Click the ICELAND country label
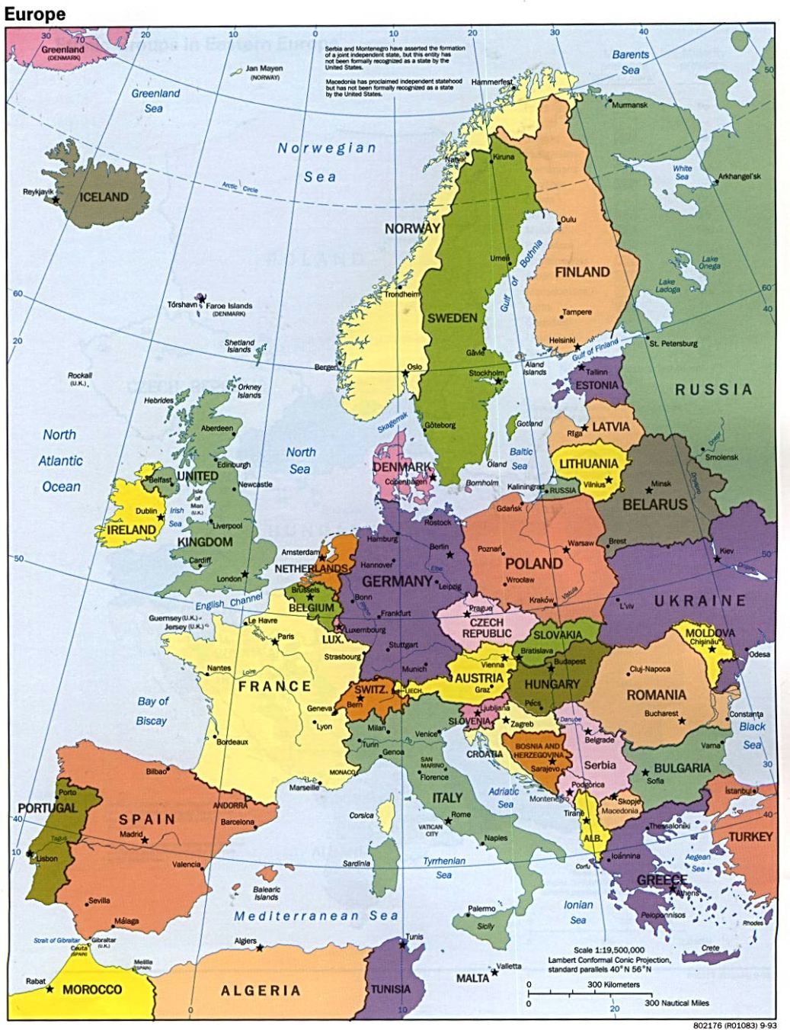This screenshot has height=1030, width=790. [x=104, y=197]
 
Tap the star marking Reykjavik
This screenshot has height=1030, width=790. [x=56, y=200]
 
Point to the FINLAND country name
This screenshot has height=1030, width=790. [x=582, y=272]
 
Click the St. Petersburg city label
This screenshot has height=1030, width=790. [x=673, y=343]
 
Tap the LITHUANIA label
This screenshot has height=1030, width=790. [x=588, y=464]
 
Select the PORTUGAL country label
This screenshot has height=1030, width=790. [x=48, y=807]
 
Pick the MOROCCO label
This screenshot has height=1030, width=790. [x=91, y=990]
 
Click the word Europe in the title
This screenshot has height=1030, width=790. [x=35, y=13]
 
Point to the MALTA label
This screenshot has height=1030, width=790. [x=472, y=977]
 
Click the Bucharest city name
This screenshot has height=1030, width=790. [x=660, y=714]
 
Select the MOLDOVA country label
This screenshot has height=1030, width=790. [x=710, y=633]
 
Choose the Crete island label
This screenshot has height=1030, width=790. [x=710, y=948]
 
